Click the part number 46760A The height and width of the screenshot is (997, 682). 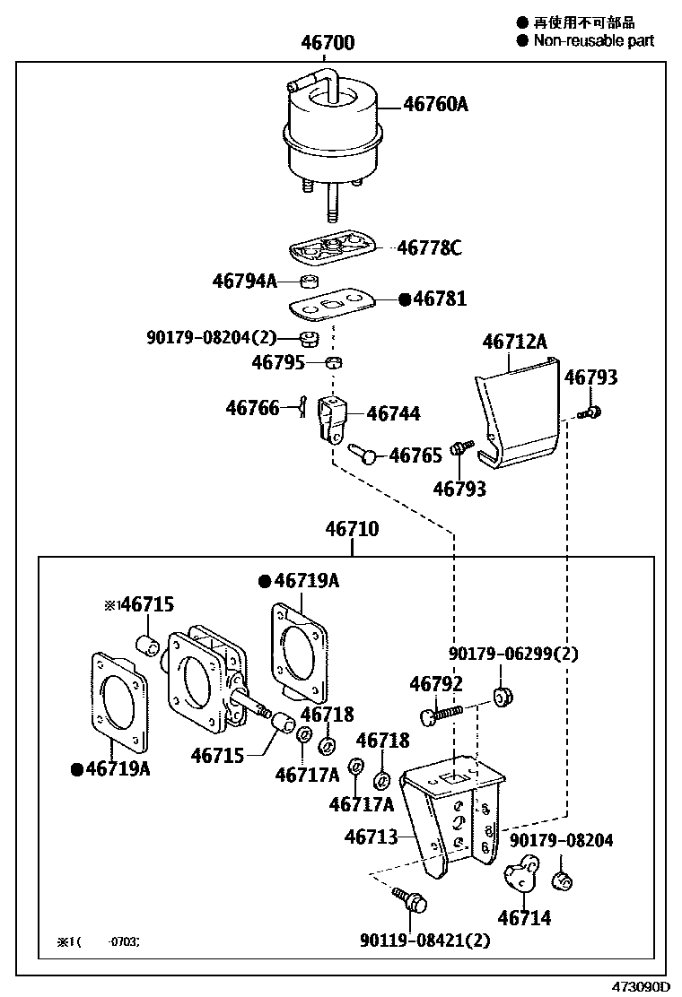(x=436, y=105)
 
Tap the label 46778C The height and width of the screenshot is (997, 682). (x=429, y=247)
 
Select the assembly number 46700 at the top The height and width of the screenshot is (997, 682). (x=328, y=43)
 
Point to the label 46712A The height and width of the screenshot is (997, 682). (x=514, y=342)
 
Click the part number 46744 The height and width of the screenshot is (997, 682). (x=393, y=414)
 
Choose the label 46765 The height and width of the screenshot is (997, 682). (x=415, y=456)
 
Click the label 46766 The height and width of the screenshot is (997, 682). (x=252, y=408)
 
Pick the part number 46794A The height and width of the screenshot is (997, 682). (x=245, y=281)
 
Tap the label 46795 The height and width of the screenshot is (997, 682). (x=279, y=362)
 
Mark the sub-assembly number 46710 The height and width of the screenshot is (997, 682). (x=352, y=529)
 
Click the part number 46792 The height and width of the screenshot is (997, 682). (x=436, y=684)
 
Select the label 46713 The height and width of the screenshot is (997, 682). (x=371, y=837)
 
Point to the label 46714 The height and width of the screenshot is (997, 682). (x=524, y=917)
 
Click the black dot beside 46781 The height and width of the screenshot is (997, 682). (x=404, y=299)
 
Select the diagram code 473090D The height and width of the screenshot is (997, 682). (x=642, y=986)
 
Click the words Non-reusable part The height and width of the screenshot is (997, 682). (x=594, y=40)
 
